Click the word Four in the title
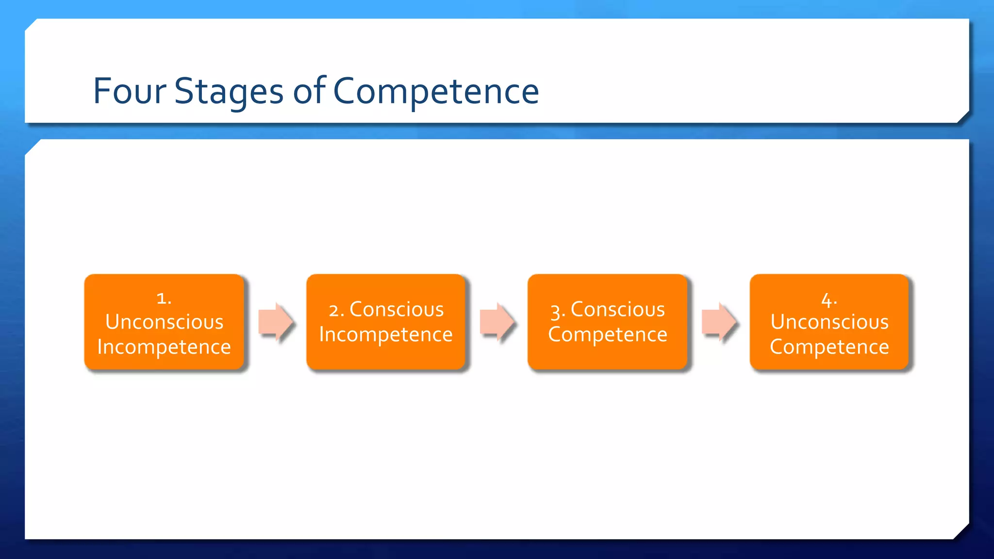(x=129, y=91)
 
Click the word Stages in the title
(x=229, y=91)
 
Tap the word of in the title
(x=309, y=91)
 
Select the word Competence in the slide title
(x=436, y=91)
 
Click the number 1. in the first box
(x=164, y=298)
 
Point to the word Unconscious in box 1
(x=164, y=322)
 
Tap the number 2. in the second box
(x=336, y=311)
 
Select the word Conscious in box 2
(x=397, y=310)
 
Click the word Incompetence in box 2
(x=386, y=335)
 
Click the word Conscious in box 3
(x=617, y=310)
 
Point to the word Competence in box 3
(x=608, y=335)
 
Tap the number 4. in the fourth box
(x=829, y=300)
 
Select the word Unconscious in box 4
(x=829, y=322)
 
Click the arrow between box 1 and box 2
(x=275, y=321)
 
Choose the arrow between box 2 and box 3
(x=497, y=321)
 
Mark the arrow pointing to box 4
(x=719, y=321)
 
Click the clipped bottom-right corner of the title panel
(x=963, y=117)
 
